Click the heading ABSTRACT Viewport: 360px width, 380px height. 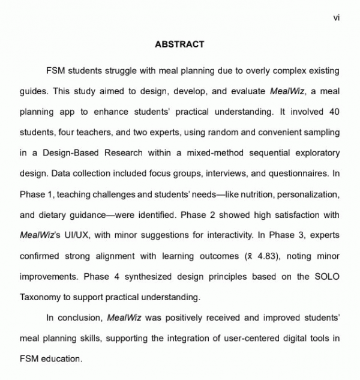click(x=179, y=44)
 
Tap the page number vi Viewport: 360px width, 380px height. click(x=336, y=18)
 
